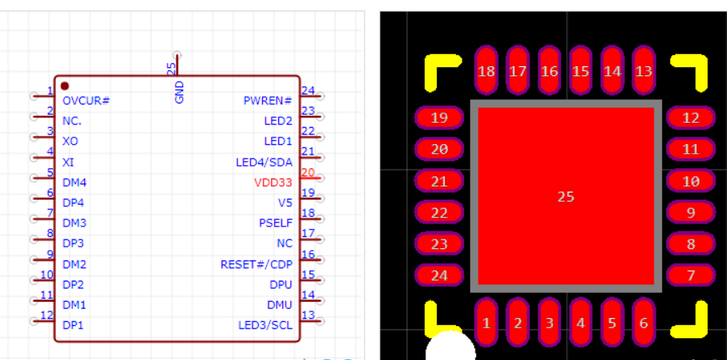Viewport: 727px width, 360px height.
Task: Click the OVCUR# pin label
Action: click(86, 100)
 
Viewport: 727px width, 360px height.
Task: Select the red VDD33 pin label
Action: click(273, 183)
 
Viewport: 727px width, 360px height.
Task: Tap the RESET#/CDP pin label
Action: click(256, 265)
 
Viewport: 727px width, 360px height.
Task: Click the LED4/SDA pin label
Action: click(264, 162)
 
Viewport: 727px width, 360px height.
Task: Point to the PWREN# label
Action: click(268, 100)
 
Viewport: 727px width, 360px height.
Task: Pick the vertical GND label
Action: click(180, 91)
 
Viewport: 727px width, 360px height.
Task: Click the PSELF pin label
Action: click(276, 223)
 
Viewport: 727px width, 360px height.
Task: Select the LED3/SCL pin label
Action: click(265, 325)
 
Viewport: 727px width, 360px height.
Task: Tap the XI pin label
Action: click(68, 162)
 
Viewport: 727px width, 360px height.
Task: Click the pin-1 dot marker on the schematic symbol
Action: click(65, 86)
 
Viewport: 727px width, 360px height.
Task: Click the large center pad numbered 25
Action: click(566, 197)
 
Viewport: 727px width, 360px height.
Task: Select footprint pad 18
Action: click(486, 71)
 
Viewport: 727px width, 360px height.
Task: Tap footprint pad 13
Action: click(644, 71)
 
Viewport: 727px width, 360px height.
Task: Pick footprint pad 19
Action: click(439, 118)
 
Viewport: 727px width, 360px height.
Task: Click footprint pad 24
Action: click(439, 275)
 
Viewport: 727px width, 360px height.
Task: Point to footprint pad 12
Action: click(691, 118)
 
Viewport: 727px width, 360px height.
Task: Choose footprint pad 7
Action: click(691, 275)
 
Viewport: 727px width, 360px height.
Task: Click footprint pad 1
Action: click(486, 324)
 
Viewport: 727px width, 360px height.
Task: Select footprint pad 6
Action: click(644, 324)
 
